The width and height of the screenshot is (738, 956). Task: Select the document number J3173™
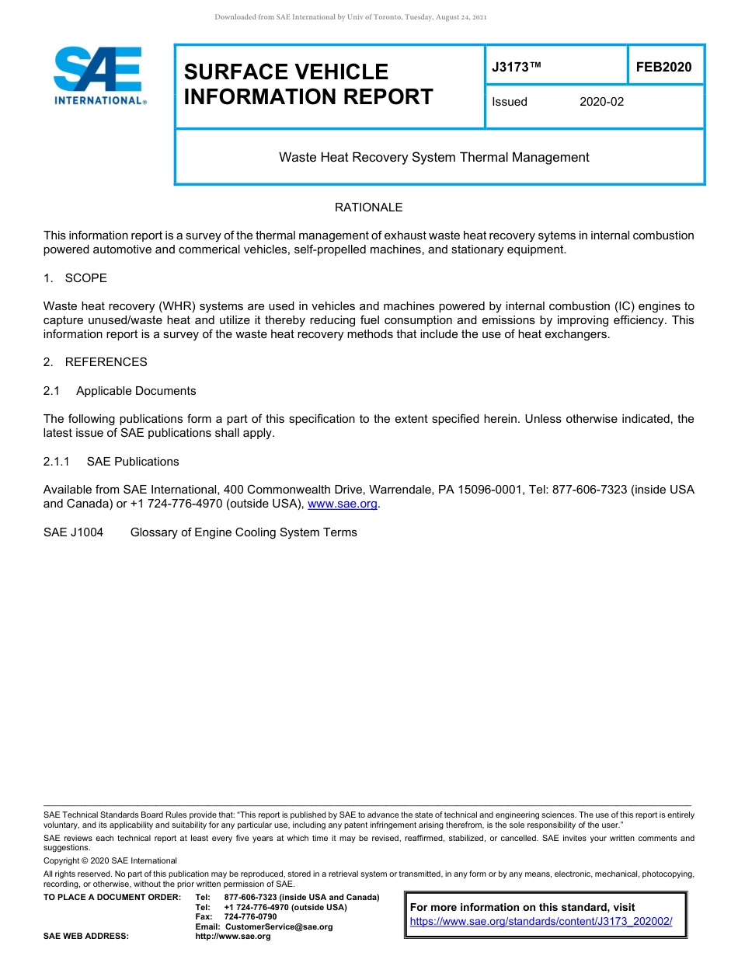[x=516, y=68]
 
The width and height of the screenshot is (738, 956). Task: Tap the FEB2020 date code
[x=663, y=68]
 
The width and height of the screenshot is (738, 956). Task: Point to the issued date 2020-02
[x=601, y=102]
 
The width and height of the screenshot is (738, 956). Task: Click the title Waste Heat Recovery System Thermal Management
[x=433, y=158]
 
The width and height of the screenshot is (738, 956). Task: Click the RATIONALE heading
[x=368, y=208]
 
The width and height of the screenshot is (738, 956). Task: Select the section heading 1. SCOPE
[x=75, y=278]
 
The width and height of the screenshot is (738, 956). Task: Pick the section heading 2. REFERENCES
[x=96, y=362]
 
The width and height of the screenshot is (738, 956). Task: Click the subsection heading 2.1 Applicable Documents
[x=120, y=391]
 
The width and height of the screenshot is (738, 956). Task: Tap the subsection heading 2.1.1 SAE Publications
[x=111, y=462]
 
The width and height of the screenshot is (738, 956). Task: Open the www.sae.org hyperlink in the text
[x=343, y=504]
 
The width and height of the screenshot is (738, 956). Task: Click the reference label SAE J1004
[x=73, y=532]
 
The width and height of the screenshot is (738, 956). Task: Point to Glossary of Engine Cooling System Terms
[x=243, y=532]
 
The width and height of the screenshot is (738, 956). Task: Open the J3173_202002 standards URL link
[x=541, y=921]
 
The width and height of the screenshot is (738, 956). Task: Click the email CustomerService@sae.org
[x=278, y=926]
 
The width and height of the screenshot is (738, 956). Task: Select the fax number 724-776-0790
[x=250, y=916]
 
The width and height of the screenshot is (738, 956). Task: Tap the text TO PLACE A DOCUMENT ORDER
[x=112, y=897]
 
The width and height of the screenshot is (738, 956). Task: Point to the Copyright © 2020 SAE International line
[x=110, y=860]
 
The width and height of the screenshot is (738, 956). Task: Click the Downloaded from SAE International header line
[x=350, y=17]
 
